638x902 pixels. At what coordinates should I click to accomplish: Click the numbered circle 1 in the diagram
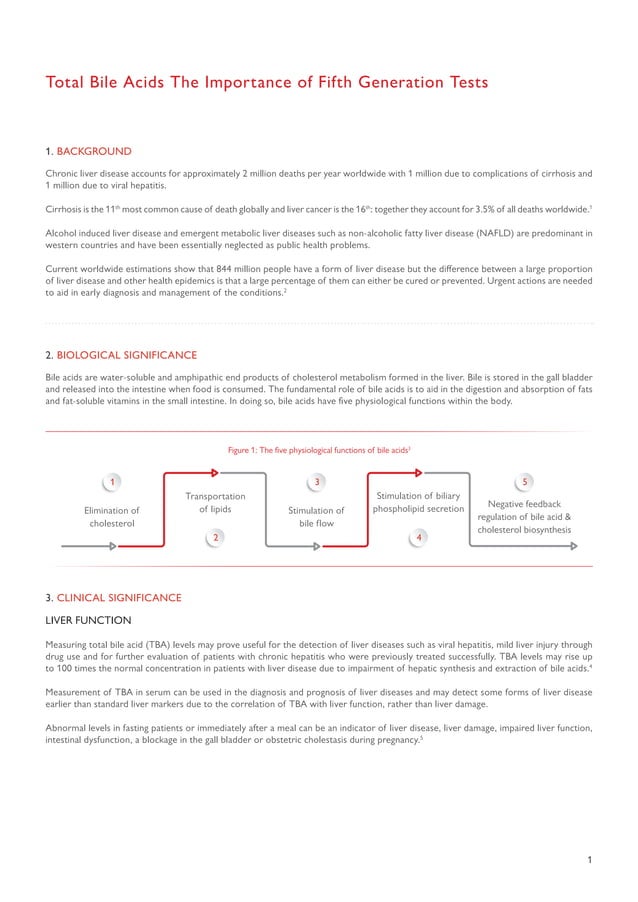click(112, 483)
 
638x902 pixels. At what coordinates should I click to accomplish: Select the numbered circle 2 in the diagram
click(214, 538)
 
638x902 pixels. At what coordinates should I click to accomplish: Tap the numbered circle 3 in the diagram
click(316, 483)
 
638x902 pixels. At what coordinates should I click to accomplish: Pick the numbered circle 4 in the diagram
click(418, 538)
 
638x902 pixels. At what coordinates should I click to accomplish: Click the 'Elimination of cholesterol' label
click(112, 516)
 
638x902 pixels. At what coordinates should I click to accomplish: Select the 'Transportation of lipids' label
click(215, 503)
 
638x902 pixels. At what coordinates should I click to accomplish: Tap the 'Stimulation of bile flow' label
click(316, 516)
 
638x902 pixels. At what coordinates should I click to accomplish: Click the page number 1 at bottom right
click(590, 860)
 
